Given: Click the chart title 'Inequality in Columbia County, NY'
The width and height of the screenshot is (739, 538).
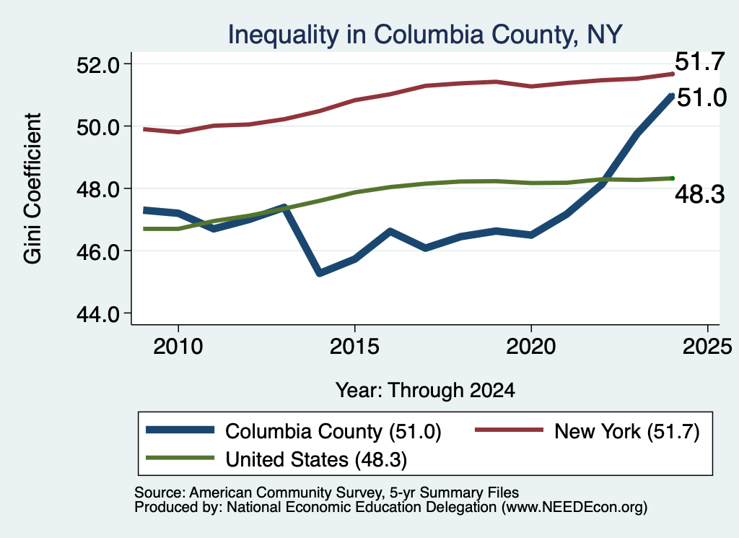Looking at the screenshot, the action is (x=425, y=35).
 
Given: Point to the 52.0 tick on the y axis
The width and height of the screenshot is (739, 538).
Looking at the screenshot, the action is (x=98, y=64).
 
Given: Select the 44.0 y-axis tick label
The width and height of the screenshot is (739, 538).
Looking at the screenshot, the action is (x=98, y=313).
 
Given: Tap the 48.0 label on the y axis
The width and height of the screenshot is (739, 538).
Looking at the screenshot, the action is (x=98, y=189).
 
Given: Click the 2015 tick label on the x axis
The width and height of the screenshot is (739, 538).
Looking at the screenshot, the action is (x=354, y=347).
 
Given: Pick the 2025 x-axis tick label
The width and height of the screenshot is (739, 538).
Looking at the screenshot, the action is (x=707, y=347).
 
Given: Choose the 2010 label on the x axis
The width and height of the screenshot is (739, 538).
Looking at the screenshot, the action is (x=178, y=347).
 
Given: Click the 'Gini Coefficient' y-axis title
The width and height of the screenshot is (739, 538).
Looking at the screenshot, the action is (x=33, y=188).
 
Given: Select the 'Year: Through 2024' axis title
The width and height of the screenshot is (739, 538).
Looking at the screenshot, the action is (x=425, y=391).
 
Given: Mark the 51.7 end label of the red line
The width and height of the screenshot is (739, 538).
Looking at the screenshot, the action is (x=699, y=62).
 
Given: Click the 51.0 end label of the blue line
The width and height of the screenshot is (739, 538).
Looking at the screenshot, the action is (x=701, y=97).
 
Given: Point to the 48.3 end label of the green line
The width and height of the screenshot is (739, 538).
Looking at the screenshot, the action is (x=700, y=194).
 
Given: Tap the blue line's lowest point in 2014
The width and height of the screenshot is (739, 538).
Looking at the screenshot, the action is (x=320, y=273).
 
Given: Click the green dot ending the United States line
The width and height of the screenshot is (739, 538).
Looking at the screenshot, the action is (x=673, y=178).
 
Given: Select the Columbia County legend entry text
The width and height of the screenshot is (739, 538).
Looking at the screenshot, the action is (x=333, y=431).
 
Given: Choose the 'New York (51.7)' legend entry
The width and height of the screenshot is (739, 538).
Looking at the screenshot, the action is (x=627, y=431).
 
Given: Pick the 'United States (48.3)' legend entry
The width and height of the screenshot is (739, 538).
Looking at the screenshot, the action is (x=316, y=460).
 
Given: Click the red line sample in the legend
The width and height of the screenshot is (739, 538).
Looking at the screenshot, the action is (x=509, y=430).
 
